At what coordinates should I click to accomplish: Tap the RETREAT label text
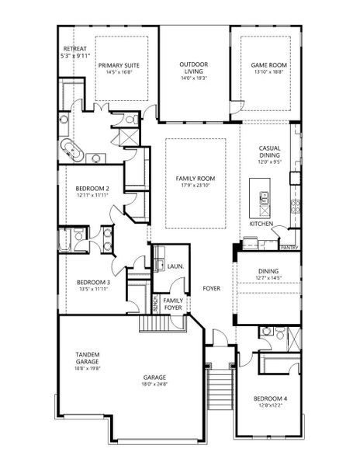coord(75,49)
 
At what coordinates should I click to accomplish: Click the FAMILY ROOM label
coord(195,179)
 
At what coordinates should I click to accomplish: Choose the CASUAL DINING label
coord(270,151)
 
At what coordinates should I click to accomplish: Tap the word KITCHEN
coord(261,224)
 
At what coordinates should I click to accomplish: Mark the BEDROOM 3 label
coord(92,283)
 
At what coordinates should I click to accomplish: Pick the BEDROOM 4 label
coord(271,399)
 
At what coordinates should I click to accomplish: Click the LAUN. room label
coord(175,266)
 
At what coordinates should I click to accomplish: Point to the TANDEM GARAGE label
coord(87,358)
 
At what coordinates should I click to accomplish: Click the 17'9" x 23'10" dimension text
coord(195,185)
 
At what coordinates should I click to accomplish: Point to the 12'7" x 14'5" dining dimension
coord(268,277)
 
